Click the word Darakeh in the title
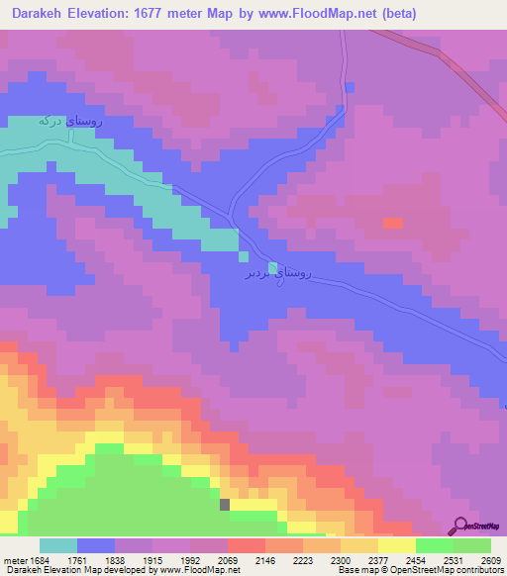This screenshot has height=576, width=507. click(x=37, y=14)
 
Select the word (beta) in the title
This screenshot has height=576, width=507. click(x=397, y=14)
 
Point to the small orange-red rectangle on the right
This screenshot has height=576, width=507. click(x=393, y=223)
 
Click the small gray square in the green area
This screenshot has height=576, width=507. click(x=225, y=504)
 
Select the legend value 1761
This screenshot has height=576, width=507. click(x=93, y=560)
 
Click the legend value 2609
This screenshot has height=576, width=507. click(x=490, y=560)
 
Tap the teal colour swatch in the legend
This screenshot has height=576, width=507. click(x=58, y=545)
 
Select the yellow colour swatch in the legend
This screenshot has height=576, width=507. click(x=396, y=545)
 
